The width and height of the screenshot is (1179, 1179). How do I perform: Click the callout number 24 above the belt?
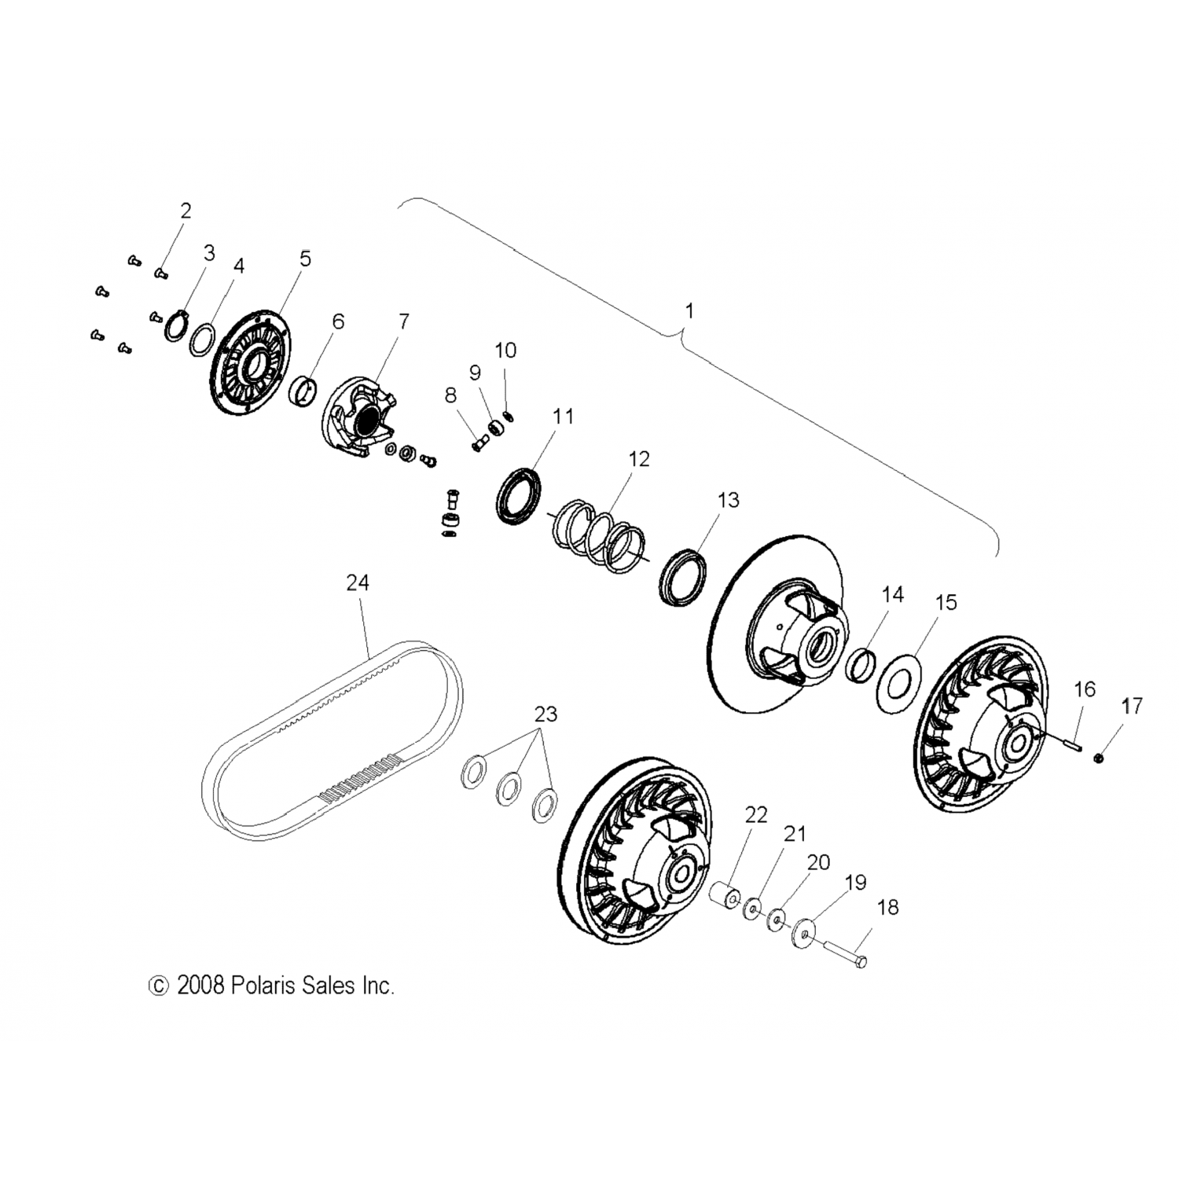358,582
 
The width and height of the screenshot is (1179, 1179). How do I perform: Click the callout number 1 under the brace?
689,311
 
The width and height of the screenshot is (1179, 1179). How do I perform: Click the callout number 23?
545,714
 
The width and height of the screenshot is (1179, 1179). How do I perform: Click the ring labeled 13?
683,579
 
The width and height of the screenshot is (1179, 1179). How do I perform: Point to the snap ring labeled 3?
176,325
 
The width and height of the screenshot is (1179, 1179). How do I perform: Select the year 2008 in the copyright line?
201,985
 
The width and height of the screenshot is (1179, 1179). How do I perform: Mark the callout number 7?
403,321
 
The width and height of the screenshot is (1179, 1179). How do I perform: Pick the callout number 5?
305,259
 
